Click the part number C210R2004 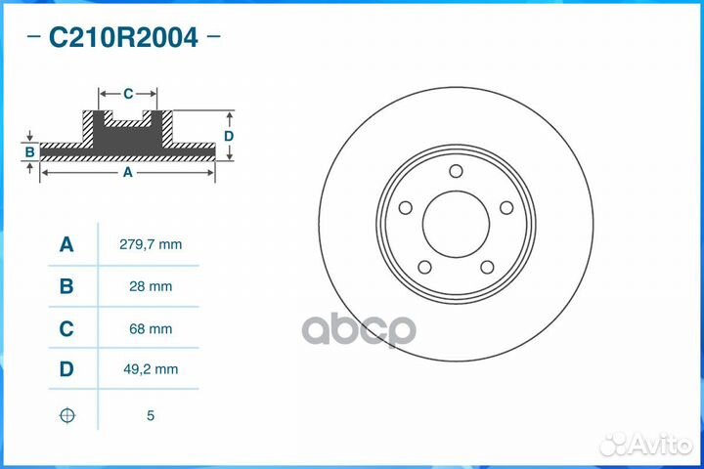click(123, 38)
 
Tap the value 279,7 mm click(151, 244)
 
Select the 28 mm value click(151, 286)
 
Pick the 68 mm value click(151, 329)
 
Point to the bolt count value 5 click(151, 415)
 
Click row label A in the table click(66, 244)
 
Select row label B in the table click(66, 286)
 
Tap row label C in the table click(66, 329)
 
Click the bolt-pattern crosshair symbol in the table click(66, 415)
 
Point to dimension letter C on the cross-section click(128, 94)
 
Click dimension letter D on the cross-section click(229, 137)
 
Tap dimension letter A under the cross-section click(127, 172)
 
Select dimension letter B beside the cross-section click(29, 151)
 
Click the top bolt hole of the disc click(456, 172)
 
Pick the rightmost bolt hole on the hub click(506, 207)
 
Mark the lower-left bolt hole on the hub click(424, 267)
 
